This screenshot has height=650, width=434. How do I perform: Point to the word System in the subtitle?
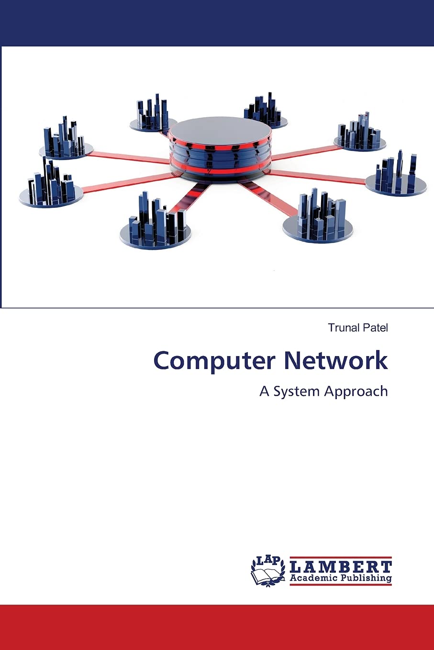point(296,391)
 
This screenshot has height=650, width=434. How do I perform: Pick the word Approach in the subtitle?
point(356,391)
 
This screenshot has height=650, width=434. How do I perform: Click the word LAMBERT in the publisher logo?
point(341,567)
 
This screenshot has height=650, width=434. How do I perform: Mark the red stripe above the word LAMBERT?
point(341,558)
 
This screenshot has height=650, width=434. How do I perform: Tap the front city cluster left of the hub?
point(156,232)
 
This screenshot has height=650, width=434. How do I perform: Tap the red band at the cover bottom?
point(217,627)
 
